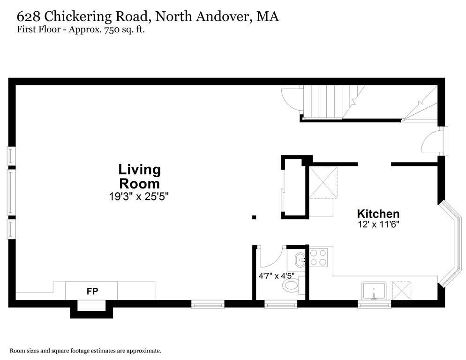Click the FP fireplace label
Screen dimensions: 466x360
pyautogui.click(x=92, y=291)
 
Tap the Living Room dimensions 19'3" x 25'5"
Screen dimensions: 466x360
pyautogui.click(x=139, y=196)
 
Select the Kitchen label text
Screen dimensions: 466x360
pyautogui.click(x=378, y=214)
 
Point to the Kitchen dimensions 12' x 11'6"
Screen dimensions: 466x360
pyautogui.click(x=378, y=224)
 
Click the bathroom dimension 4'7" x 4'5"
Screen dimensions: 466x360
pyautogui.click(x=277, y=276)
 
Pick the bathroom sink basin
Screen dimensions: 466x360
pyautogui.click(x=300, y=260)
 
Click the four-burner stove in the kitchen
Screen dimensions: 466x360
pyautogui.click(x=318, y=257)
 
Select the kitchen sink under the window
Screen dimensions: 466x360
pyautogui.click(x=374, y=291)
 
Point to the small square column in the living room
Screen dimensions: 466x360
pyautogui.click(x=254, y=217)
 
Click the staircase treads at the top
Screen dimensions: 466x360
pyautogui.click(x=326, y=101)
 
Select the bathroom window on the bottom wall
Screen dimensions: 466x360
pyautogui.click(x=280, y=304)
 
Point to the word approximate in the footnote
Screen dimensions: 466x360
pyautogui.click(x=144, y=351)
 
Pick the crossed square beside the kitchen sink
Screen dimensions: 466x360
pyautogui.click(x=402, y=291)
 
